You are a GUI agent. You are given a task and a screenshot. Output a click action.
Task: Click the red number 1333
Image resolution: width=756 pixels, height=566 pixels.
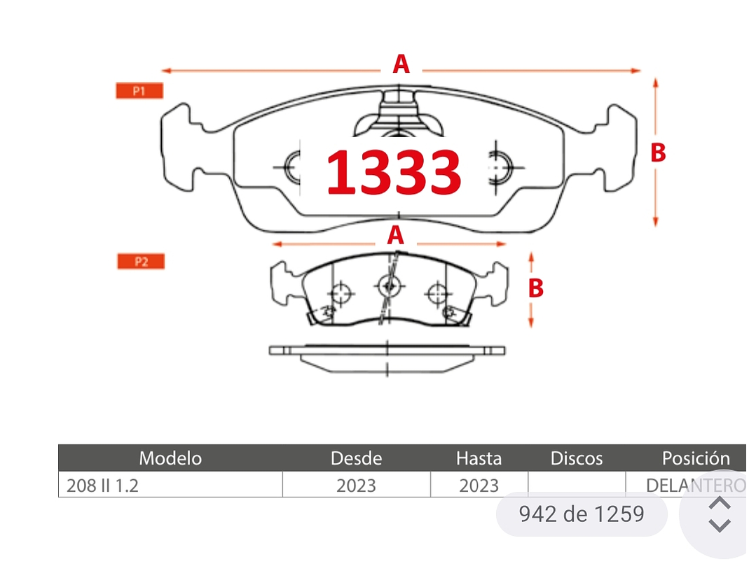click(x=394, y=172)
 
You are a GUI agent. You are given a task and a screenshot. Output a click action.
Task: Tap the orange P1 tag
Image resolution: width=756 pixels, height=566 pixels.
click(x=139, y=90)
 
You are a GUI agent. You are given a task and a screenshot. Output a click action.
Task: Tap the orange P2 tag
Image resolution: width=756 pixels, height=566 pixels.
click(x=141, y=262)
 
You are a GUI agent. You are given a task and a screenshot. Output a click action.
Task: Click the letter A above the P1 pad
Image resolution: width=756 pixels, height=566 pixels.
click(x=401, y=64)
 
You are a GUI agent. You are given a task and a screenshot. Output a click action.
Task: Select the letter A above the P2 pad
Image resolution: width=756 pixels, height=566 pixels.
click(x=395, y=235)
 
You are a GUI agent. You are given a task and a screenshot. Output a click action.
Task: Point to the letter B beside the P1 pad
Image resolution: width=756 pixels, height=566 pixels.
click(x=658, y=153)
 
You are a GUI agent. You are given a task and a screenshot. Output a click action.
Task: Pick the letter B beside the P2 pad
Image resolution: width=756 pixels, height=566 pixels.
click(x=536, y=288)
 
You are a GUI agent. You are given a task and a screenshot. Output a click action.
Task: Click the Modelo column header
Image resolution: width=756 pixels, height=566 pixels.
click(x=170, y=458)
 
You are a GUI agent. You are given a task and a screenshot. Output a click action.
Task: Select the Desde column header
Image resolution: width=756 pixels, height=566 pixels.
click(x=357, y=458)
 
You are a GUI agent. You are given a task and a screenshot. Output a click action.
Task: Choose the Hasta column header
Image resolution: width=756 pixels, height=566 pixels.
click(x=479, y=458)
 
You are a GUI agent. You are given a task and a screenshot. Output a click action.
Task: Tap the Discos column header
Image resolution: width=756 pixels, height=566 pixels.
click(x=577, y=458)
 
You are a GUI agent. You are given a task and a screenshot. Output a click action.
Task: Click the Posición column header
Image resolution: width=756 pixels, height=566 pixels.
click(x=696, y=458)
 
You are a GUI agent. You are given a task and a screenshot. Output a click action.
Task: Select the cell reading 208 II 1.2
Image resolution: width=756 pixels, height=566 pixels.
click(x=102, y=486)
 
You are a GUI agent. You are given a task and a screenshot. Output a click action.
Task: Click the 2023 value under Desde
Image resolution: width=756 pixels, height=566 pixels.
click(x=357, y=486)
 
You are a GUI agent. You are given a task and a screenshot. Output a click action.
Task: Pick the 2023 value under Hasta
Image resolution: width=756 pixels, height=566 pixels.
click(x=479, y=486)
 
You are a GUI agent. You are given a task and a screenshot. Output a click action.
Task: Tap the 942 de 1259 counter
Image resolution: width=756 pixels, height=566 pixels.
click(x=582, y=514)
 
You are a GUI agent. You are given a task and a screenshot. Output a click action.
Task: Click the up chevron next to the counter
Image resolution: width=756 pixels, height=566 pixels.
click(x=720, y=503)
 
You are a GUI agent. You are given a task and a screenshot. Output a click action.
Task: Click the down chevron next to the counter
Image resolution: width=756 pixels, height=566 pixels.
click(x=720, y=525)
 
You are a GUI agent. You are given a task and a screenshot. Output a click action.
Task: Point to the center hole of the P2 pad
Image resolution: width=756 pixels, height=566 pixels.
click(x=390, y=286)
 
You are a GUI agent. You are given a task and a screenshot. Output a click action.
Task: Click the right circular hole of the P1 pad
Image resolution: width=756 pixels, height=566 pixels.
click(x=500, y=167)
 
